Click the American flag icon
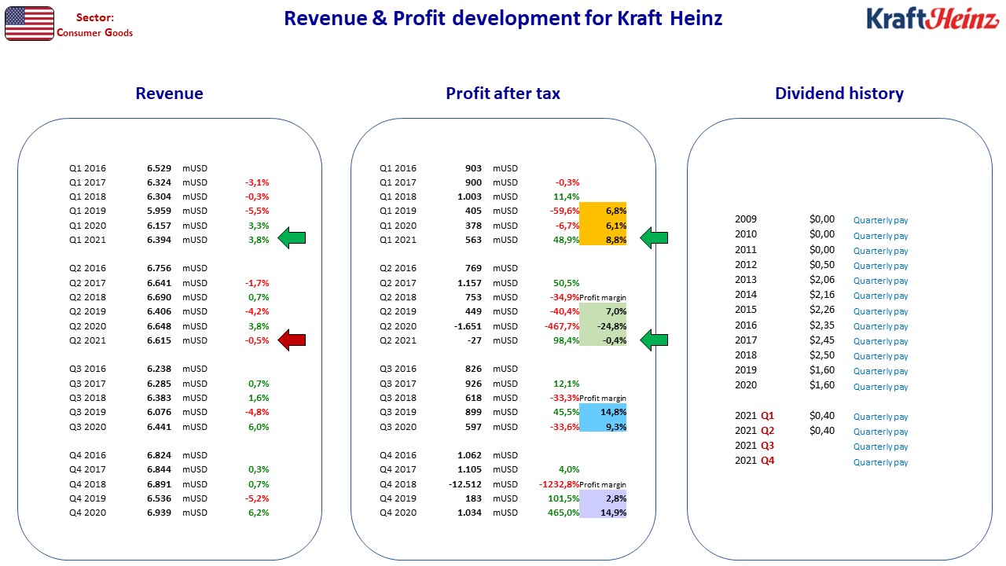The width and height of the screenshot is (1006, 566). coord(29,24)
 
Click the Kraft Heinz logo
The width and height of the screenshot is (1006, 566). coord(932,19)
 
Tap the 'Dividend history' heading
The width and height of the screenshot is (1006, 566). coord(839,94)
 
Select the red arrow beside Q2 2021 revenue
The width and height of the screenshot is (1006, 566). coord(292,340)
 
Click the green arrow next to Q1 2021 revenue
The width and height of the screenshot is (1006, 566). coord(292,237)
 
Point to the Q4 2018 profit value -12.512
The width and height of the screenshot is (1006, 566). coord(464,484)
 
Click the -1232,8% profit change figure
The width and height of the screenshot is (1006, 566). coord(559,484)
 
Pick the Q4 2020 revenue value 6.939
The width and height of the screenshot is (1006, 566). coord(159,513)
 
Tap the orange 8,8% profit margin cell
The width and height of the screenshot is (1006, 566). coord(603,240)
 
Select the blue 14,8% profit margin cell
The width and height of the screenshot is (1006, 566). coord(603,411)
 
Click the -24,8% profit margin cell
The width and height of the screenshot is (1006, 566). coord(603,326)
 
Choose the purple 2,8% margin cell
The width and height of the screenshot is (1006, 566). coord(603,498)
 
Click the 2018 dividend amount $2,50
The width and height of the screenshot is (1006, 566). coord(822,355)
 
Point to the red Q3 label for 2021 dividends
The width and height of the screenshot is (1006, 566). coord(768,446)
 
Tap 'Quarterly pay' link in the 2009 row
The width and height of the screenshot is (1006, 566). coord(880,220)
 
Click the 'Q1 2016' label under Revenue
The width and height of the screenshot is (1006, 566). coord(87,168)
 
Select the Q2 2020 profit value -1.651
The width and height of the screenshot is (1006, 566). coord(468,326)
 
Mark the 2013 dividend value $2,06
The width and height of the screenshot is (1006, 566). coord(822,279)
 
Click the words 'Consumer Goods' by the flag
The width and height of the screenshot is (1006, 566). coord(95,33)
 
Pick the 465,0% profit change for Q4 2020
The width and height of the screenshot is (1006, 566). coord(564,513)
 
